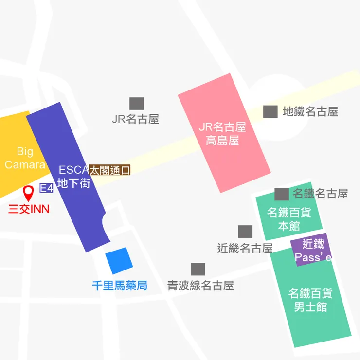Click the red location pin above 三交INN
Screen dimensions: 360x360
[29, 193]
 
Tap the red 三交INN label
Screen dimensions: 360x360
[29, 210]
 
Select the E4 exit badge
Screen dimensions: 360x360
[46, 188]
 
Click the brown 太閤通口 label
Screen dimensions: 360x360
[110, 170]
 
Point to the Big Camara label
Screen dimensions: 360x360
[25, 158]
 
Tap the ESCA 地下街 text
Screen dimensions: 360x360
[74, 177]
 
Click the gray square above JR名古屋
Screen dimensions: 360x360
[136, 104]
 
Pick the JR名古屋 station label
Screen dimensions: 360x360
[135, 119]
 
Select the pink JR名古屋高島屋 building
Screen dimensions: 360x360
[223, 133]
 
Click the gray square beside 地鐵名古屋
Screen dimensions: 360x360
[270, 111]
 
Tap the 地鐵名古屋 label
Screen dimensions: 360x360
[310, 112]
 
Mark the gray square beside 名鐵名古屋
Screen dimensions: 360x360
[282, 194]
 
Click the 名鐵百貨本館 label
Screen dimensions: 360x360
[289, 219]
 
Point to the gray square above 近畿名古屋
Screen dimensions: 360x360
[245, 232]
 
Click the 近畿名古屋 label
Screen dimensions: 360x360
[245, 248]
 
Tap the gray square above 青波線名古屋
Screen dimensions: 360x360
[198, 270]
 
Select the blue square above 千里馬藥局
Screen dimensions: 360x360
[119, 260]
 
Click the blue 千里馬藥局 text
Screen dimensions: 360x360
[120, 286]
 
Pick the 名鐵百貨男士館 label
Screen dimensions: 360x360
[310, 300]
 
